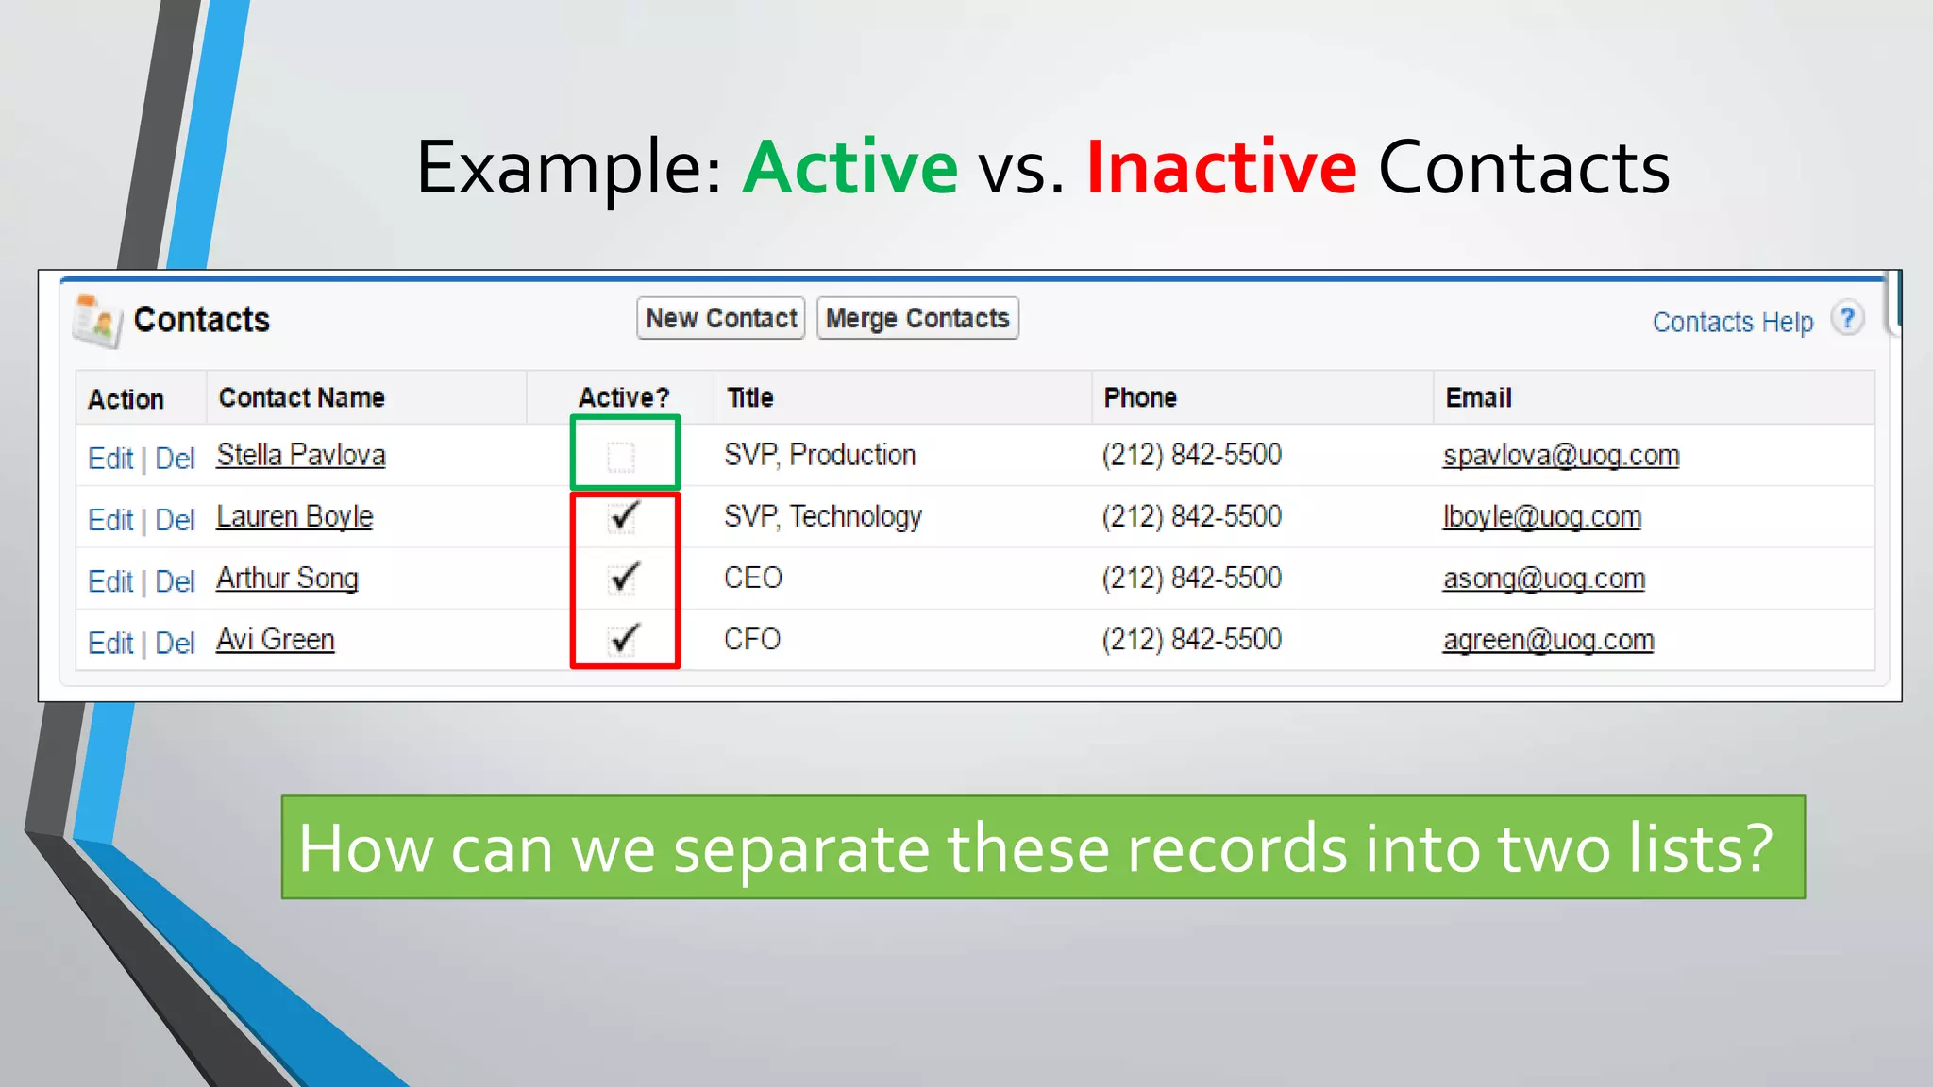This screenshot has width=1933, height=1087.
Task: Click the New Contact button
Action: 721,318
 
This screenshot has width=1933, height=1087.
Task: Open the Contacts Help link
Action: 1732,322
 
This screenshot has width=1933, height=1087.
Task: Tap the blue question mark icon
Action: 1847,318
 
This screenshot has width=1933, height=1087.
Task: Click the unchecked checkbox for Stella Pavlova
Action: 621,457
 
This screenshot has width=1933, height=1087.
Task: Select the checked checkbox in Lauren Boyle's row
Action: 623,517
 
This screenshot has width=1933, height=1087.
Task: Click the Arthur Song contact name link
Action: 287,577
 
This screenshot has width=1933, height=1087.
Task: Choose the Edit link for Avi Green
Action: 110,643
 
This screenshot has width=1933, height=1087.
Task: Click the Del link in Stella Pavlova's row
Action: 175,459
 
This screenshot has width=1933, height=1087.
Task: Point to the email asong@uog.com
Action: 1543,578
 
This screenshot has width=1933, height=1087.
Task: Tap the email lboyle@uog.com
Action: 1541,517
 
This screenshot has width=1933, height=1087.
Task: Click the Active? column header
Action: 623,397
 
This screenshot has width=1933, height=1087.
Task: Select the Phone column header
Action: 1139,397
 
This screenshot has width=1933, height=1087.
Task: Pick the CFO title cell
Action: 752,640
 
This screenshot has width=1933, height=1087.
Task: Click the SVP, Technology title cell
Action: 822,517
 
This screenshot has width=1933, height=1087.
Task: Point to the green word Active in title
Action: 850,167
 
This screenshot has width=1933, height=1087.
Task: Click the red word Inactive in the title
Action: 1220,167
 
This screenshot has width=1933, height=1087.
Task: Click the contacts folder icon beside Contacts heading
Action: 97,321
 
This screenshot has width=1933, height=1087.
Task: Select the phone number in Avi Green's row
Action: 1191,640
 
